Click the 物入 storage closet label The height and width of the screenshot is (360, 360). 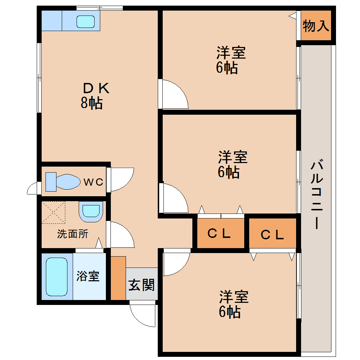coord(316,26)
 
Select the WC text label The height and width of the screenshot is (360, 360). coord(94,182)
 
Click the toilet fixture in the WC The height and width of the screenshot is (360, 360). coord(64,182)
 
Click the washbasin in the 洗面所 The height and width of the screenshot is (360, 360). coord(91,211)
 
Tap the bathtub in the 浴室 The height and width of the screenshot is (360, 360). coord(56,277)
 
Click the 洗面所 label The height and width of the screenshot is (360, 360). coord(73,234)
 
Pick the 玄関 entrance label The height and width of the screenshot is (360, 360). coord(141,284)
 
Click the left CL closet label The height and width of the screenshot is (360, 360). coord(219,233)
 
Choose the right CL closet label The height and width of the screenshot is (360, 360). coord(272,234)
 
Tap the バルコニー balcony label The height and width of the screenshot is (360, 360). coord(317,194)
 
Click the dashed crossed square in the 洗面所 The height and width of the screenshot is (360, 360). coord(53,212)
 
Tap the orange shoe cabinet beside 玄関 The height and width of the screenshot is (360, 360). coord(118,278)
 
